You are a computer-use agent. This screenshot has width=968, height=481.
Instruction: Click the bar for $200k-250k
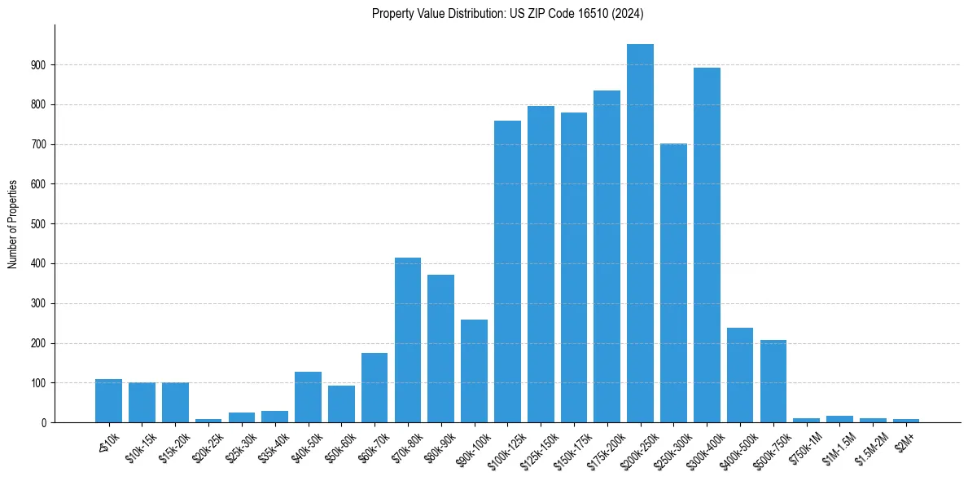640,233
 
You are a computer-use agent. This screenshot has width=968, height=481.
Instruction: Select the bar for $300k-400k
707,245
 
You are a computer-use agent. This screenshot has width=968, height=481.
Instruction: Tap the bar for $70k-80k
408,340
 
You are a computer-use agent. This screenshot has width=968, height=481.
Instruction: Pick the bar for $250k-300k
673,283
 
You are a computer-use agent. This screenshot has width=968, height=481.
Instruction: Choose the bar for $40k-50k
308,397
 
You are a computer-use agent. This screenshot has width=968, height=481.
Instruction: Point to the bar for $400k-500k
740,375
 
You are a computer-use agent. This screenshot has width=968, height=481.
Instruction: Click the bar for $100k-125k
507,271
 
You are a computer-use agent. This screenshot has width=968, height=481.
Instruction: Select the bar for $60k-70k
374,388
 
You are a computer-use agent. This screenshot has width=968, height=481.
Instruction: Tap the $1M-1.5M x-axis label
838,445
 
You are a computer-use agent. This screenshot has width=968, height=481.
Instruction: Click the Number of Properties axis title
12,223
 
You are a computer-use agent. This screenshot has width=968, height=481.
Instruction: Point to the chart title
507,14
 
